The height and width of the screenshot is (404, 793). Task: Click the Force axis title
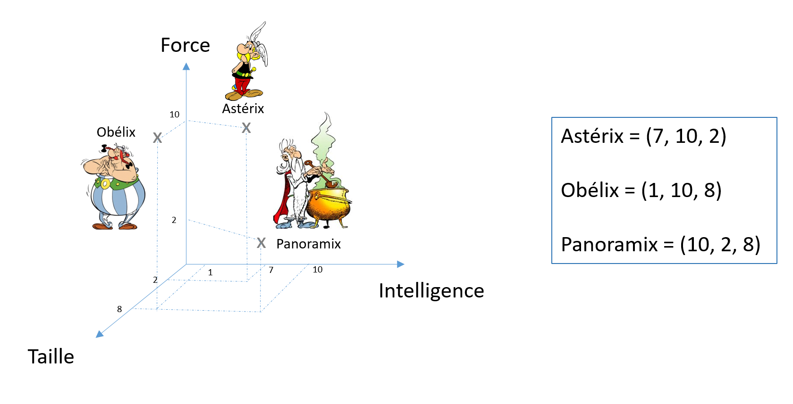(x=185, y=45)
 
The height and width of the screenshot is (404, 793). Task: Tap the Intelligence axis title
(x=431, y=291)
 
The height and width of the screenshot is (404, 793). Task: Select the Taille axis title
(x=51, y=357)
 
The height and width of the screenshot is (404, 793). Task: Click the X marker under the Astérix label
(x=246, y=128)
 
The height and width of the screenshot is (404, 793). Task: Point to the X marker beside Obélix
(x=158, y=138)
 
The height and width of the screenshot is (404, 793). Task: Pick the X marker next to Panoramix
(x=261, y=243)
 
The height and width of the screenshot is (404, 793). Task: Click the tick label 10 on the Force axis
(x=175, y=115)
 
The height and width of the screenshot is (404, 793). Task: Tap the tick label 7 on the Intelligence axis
(x=271, y=270)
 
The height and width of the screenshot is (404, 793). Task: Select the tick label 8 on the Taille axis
(x=119, y=309)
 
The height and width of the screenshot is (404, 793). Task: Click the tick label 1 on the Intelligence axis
(x=210, y=272)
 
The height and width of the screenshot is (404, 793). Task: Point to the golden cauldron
(x=329, y=204)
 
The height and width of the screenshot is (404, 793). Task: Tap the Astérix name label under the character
(x=243, y=109)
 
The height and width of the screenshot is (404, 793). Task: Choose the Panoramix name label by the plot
(x=308, y=244)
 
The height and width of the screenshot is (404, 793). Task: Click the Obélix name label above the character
(x=116, y=132)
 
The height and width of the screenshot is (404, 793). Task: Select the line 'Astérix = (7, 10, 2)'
(x=643, y=136)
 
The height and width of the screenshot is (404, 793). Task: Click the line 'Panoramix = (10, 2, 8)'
(x=660, y=245)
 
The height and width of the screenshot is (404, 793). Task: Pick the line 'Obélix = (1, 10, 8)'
(x=641, y=190)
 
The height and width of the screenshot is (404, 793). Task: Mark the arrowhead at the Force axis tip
(x=186, y=66)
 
